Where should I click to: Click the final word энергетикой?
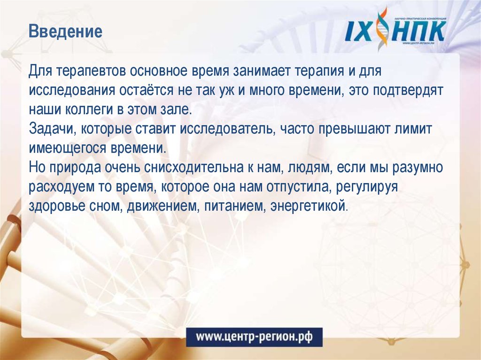308,205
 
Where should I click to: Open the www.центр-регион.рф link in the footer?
254,337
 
